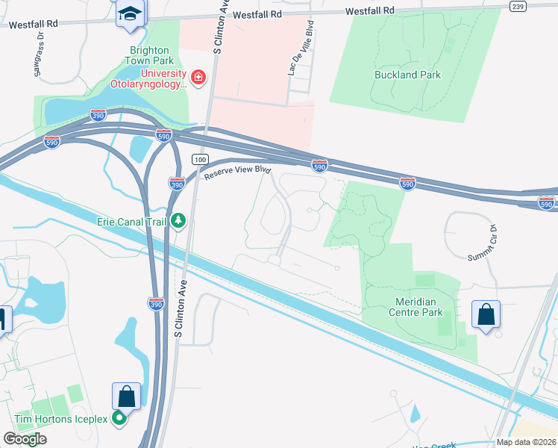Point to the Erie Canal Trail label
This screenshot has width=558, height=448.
pos(131,221)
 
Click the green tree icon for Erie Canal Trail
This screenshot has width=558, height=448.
pos(178,220)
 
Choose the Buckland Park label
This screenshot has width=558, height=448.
pos(407,75)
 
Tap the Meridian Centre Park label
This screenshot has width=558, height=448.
pos(416,307)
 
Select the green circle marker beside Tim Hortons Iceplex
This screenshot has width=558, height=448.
pos(118,419)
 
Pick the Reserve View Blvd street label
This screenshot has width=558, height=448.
pos(236,170)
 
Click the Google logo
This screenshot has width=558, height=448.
pos(25,438)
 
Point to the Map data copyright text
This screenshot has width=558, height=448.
pos(526,442)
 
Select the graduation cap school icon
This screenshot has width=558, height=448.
pos(131,13)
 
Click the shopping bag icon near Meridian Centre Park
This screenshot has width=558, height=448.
pos(486,314)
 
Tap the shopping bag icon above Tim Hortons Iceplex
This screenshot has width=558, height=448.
pos(126,396)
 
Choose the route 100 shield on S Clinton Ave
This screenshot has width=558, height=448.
pos(198,160)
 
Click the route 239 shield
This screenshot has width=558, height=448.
pos(518,6)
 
